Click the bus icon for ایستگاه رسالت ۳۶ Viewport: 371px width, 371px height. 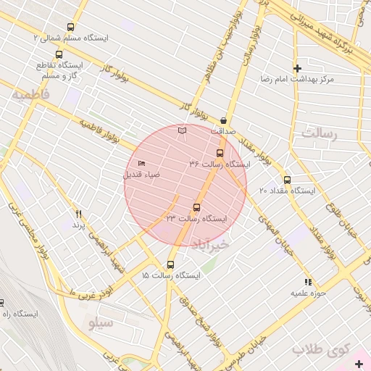click(x=220, y=152)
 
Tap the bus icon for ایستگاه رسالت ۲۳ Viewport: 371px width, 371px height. click(x=197, y=207)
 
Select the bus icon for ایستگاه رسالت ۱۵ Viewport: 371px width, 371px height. click(x=170, y=264)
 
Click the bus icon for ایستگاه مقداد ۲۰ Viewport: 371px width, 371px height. click(x=287, y=180)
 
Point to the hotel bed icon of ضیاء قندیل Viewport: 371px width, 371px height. click(x=141, y=164)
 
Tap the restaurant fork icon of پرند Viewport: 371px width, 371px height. click(x=79, y=214)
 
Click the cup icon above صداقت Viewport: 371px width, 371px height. click(x=222, y=121)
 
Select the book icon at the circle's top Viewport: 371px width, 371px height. click(x=182, y=130)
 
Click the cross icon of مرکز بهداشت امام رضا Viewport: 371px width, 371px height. click(x=297, y=68)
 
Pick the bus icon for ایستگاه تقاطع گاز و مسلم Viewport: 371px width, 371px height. click(x=59, y=54)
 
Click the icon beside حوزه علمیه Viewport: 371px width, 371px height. click(x=308, y=282)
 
